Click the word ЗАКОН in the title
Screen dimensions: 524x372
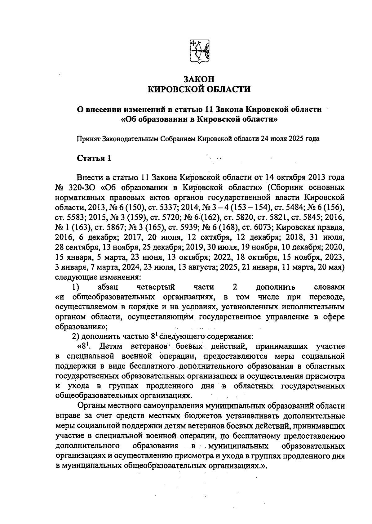(x=199, y=78)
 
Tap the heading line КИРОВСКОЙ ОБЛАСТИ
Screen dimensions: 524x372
(x=199, y=89)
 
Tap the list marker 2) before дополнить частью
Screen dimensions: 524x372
(x=76, y=337)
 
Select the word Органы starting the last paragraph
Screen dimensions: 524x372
(x=92, y=406)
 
